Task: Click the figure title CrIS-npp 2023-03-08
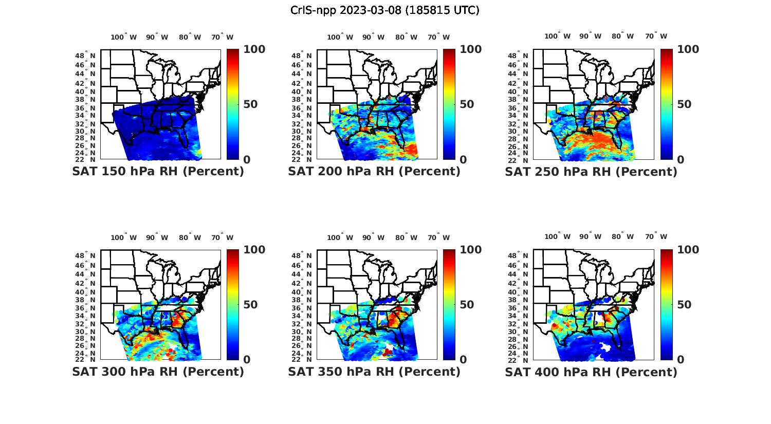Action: (384, 10)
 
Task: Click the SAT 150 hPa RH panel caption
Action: (158, 172)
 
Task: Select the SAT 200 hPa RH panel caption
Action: (374, 172)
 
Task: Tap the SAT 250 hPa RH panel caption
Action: (591, 172)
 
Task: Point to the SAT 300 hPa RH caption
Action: (158, 372)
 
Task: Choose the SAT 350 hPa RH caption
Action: (374, 372)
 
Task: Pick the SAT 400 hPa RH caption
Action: (591, 372)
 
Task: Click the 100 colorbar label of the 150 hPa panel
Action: (254, 49)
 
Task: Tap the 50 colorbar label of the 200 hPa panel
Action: (466, 104)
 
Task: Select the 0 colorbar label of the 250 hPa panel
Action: (681, 159)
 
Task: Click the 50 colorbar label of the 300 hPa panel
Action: (250, 305)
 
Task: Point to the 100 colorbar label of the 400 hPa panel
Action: (688, 250)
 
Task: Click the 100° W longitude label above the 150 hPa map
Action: (124, 37)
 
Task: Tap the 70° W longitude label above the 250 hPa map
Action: (656, 36)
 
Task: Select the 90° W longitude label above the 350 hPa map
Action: (373, 237)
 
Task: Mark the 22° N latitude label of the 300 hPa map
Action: (85, 359)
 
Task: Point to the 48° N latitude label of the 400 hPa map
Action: (518, 255)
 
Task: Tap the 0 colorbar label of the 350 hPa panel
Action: (463, 360)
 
